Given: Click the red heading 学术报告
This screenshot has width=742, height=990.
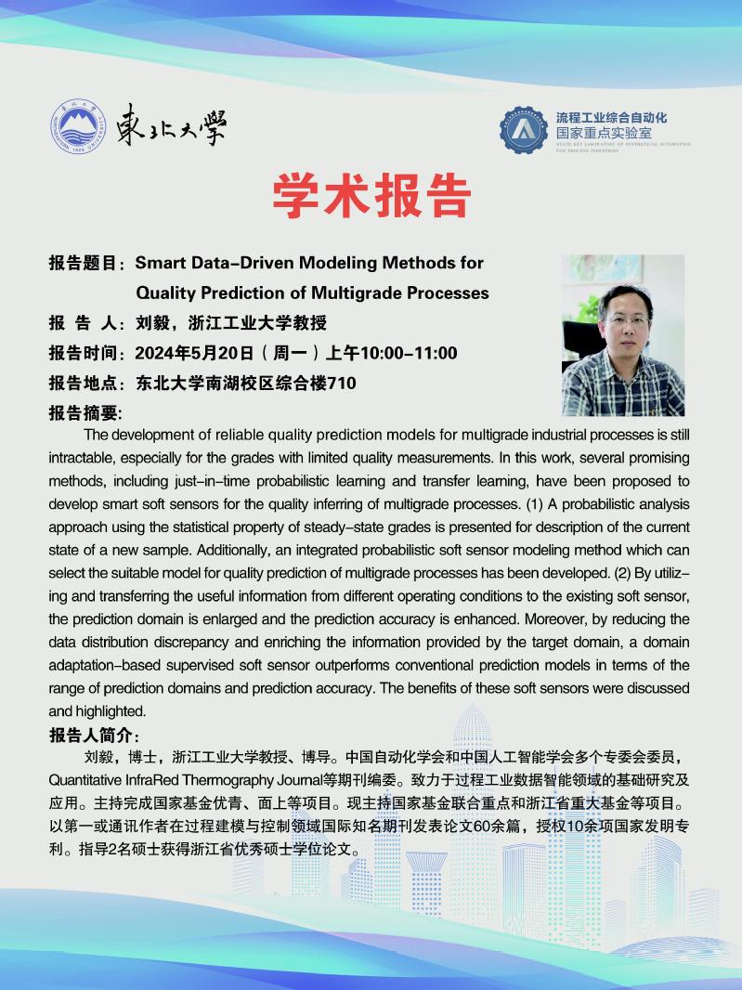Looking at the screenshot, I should click(371, 194).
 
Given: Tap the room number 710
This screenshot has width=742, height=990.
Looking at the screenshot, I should click(342, 383).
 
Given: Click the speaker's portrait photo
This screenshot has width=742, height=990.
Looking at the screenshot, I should click(623, 335).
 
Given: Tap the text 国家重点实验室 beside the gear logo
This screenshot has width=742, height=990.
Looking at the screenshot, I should click(603, 133).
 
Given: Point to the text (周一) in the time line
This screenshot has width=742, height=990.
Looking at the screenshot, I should click(290, 353).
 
